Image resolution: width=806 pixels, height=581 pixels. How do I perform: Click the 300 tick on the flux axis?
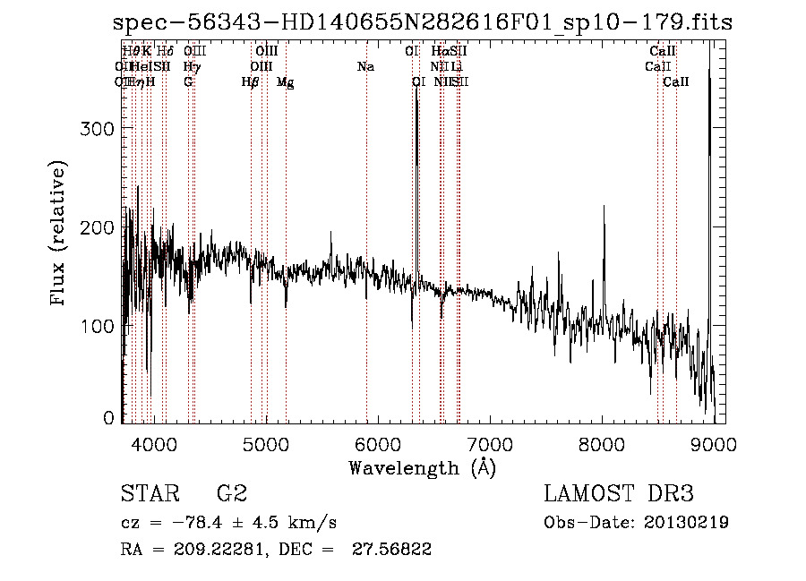(x=100, y=128)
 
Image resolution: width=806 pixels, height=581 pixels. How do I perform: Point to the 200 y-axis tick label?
(x=100, y=227)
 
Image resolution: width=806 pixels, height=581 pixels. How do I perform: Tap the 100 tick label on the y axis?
(x=100, y=327)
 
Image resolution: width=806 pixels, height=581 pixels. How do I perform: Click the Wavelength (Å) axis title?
(x=422, y=467)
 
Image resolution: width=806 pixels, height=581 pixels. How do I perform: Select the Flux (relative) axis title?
(x=59, y=234)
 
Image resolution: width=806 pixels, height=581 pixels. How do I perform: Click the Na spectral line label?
(x=365, y=66)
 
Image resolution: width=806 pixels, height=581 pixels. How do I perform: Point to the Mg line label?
(x=285, y=82)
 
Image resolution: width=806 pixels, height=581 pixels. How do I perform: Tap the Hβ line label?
(x=250, y=82)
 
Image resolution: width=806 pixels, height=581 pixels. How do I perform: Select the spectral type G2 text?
(x=231, y=493)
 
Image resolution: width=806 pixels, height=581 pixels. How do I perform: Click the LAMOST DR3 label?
(x=619, y=493)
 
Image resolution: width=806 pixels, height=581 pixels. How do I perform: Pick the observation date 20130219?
(x=685, y=522)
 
